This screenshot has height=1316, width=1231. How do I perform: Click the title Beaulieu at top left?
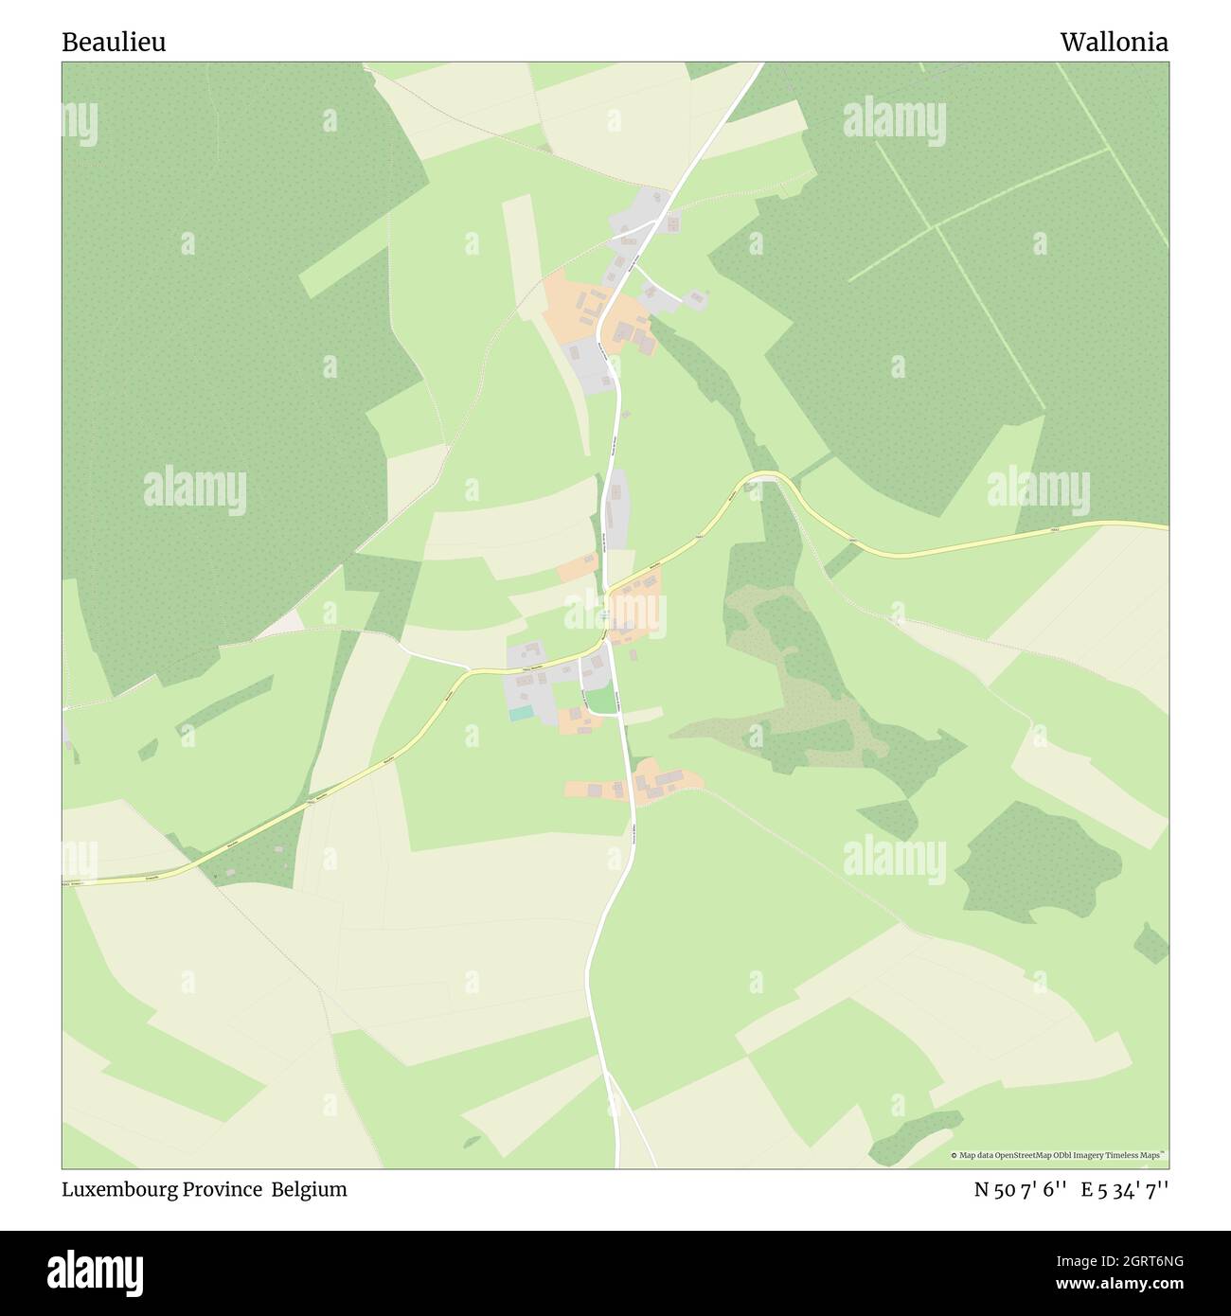coord(114,43)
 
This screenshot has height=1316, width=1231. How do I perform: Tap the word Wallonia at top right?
coord(1114,43)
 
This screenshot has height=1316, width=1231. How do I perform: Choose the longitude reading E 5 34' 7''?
coord(1126,1190)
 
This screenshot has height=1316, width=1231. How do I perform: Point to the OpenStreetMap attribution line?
coord(1058,1155)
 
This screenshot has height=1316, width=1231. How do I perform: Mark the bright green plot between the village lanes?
coord(598,701)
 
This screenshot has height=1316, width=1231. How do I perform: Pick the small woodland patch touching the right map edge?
coord(1151,943)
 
